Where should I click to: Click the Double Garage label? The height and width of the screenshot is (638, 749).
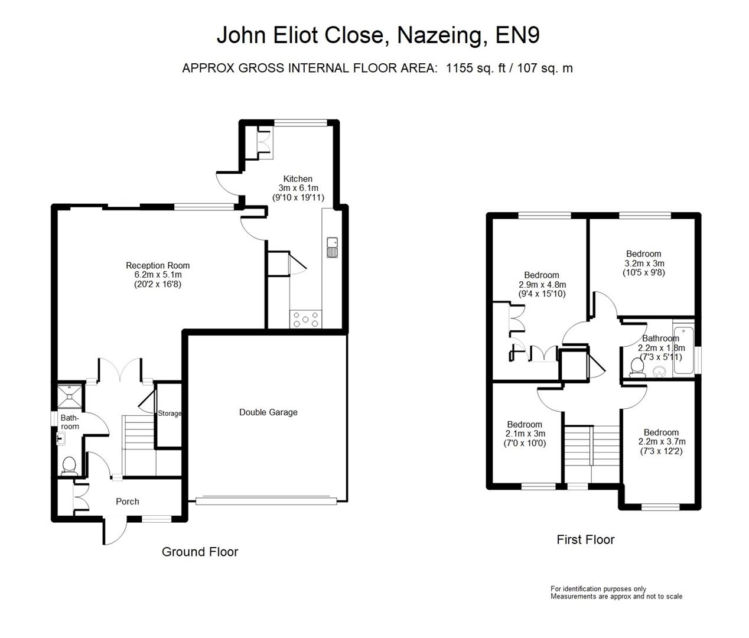[x=268, y=412]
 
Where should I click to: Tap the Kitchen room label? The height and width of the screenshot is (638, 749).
[x=298, y=179]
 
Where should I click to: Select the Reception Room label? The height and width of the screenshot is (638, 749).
[x=158, y=265]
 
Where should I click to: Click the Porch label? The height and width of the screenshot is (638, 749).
[x=128, y=502]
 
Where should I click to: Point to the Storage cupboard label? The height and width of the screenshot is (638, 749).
[x=170, y=414]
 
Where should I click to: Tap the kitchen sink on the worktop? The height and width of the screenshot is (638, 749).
[x=332, y=248]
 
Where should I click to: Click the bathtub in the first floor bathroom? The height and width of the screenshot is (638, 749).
[x=684, y=350]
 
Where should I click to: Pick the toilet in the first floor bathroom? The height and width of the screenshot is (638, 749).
[x=637, y=367]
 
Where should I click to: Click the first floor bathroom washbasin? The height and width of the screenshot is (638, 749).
[x=659, y=371]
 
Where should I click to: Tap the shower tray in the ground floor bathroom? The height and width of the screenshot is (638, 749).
[x=71, y=395]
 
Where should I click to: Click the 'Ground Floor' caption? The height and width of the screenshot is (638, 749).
[x=200, y=552]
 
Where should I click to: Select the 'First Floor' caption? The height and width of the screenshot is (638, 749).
[x=585, y=539]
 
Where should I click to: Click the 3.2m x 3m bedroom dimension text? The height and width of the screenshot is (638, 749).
[x=644, y=263]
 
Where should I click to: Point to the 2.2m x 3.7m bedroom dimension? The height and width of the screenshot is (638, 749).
[x=662, y=442]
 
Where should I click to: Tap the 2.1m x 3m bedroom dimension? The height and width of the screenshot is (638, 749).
[x=525, y=434]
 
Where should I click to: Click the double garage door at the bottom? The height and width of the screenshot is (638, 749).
[x=266, y=501]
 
